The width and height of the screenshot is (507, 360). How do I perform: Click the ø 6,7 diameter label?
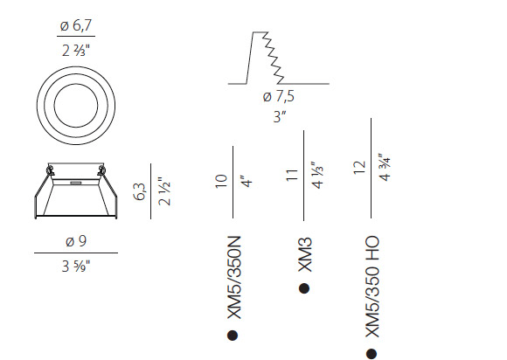(76, 25)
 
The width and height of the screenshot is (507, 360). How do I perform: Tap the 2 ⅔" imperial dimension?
(76, 51)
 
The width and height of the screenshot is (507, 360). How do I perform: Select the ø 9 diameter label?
(76, 241)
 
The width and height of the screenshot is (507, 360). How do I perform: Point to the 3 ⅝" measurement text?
(76, 267)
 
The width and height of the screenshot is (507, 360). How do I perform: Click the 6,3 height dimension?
(140, 191)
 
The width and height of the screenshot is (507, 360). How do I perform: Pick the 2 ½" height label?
(164, 191)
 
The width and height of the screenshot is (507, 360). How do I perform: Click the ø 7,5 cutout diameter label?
(279, 97)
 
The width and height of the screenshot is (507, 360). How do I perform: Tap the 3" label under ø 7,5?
(280, 116)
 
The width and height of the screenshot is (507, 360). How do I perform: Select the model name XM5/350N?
(234, 278)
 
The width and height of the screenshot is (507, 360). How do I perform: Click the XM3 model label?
(304, 254)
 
